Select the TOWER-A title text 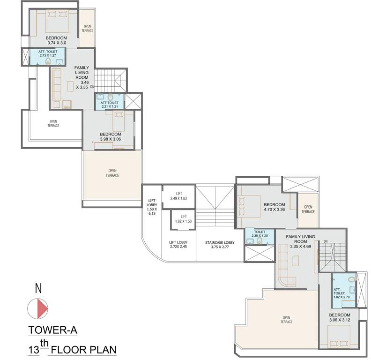click(52, 330)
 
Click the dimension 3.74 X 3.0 click(56, 43)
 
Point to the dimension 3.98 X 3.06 click(111, 139)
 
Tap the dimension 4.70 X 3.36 click(274, 210)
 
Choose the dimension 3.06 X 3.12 click(340, 320)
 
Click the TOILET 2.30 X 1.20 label click(260, 234)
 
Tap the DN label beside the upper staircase click(92, 87)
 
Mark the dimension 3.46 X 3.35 click(85, 85)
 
